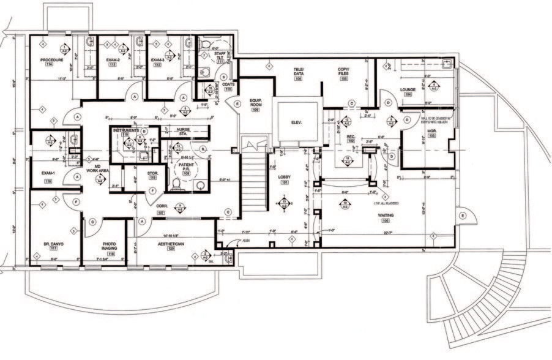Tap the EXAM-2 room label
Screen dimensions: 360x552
click(x=112, y=60)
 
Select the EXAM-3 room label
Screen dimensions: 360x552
click(x=160, y=60)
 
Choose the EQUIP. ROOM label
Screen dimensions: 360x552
click(x=255, y=102)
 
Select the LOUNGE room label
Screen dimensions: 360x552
click(x=408, y=89)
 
